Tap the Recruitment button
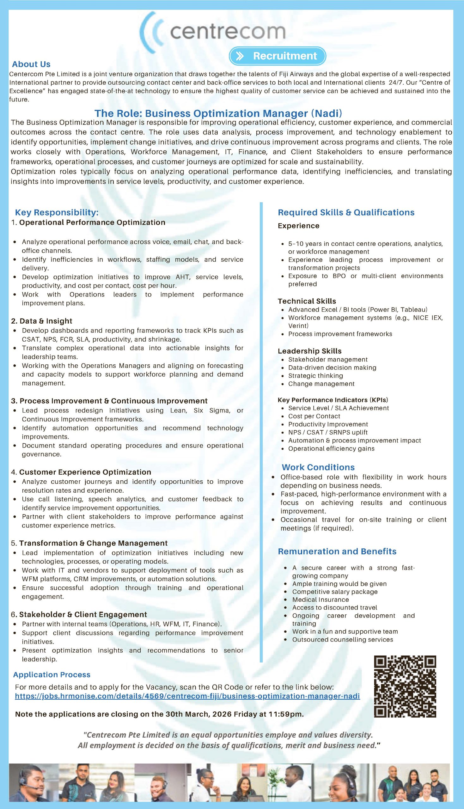pyautogui.click(x=277, y=56)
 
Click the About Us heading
pyautogui.click(x=31, y=64)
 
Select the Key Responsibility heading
pyautogui.click(x=57, y=213)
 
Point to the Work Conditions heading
pyautogui.click(x=318, y=467)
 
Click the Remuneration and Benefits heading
pyautogui.click(x=337, y=551)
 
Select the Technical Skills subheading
pyautogui.click(x=307, y=301)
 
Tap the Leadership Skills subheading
pyautogui.click(x=309, y=351)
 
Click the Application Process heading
pyautogui.click(x=52, y=675)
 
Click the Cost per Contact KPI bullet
pyautogui.click(x=314, y=416)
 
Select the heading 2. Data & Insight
pyautogui.click(x=42, y=321)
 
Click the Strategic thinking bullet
pyautogui.click(x=315, y=376)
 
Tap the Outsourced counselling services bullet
pyautogui.click(x=343, y=640)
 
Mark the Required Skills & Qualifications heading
pyautogui.click(x=346, y=213)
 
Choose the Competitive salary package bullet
pyautogui.click(x=335, y=592)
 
